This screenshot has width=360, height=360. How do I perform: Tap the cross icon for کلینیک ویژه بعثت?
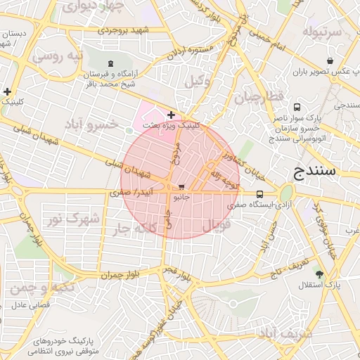pyautogui.click(x=171, y=114)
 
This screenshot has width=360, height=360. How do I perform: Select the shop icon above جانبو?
pyautogui.click(x=182, y=188)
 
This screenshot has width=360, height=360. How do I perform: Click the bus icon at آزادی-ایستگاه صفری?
pyautogui.click(x=260, y=194)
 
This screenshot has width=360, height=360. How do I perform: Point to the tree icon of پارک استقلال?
pyautogui.click(x=321, y=274)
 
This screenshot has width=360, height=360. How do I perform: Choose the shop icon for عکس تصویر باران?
pyautogui.click(x=330, y=61)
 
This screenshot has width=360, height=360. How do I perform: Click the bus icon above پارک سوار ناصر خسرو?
pyautogui.click(x=297, y=108)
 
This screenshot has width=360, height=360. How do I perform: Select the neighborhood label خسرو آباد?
pyautogui.click(x=94, y=125)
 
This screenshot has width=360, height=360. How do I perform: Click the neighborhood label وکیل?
pyautogui.click(x=198, y=82)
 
